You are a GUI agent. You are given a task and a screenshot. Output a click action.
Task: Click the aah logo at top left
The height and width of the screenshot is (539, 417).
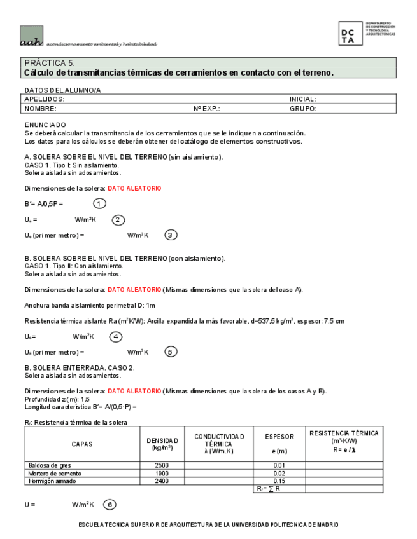(x=32, y=36)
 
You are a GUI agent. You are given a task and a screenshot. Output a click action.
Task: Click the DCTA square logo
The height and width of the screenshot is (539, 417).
(x=351, y=33)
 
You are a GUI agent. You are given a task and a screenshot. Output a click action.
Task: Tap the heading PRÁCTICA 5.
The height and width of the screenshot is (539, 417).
(x=50, y=64)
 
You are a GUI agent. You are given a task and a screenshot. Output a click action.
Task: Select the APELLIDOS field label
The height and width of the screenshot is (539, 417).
(x=45, y=99)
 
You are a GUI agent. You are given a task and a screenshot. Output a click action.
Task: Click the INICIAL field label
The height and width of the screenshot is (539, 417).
(x=303, y=99)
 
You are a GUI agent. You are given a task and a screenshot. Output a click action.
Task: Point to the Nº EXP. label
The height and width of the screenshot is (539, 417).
(x=207, y=109)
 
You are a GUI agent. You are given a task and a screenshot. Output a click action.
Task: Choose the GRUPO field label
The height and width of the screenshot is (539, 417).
(x=303, y=109)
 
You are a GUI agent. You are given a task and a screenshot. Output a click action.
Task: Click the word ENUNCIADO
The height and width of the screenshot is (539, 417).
(x=45, y=125)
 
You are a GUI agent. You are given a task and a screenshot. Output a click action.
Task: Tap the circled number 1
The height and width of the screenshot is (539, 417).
(x=99, y=203)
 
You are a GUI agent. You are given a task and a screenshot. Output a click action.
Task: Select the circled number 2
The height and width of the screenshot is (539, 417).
(x=118, y=220)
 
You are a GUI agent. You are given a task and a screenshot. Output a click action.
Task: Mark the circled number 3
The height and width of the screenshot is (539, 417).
(x=171, y=235)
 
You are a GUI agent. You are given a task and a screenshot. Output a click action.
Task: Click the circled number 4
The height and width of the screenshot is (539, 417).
(x=116, y=337)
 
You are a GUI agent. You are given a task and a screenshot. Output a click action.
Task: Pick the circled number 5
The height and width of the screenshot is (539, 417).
(x=171, y=352)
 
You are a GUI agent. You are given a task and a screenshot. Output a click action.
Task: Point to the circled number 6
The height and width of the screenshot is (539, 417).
(x=110, y=505)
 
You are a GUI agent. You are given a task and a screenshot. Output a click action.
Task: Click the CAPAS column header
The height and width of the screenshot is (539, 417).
(x=82, y=444)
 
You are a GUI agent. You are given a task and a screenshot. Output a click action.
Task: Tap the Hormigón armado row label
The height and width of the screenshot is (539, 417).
(x=50, y=481)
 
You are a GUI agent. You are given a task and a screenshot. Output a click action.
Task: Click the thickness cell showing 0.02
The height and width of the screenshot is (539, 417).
(x=279, y=474)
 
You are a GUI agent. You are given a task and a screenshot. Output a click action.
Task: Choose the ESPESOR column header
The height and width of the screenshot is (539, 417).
(x=279, y=437)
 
